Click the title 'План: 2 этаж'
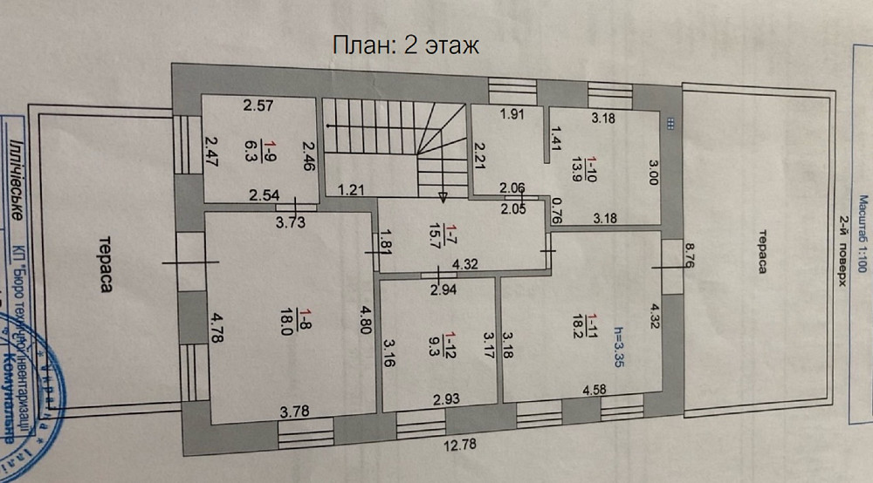point(406,45)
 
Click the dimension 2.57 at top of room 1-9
point(258,106)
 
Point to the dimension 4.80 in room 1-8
point(366,315)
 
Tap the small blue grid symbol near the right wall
point(670,124)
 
